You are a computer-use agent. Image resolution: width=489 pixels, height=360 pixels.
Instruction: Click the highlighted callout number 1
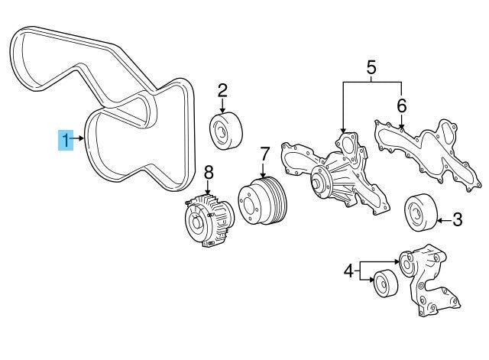tap(66, 140)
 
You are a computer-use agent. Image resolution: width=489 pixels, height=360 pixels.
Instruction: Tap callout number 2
tap(222, 91)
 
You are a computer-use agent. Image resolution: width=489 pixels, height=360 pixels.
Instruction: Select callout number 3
tap(457, 221)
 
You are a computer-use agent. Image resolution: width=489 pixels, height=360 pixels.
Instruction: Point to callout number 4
tap(348, 270)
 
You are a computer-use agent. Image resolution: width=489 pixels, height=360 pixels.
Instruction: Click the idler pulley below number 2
tap(225, 130)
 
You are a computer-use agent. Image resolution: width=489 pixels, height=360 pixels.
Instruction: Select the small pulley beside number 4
tap(384, 282)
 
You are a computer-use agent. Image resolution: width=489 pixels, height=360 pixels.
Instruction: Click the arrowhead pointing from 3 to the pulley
tap(438, 222)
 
